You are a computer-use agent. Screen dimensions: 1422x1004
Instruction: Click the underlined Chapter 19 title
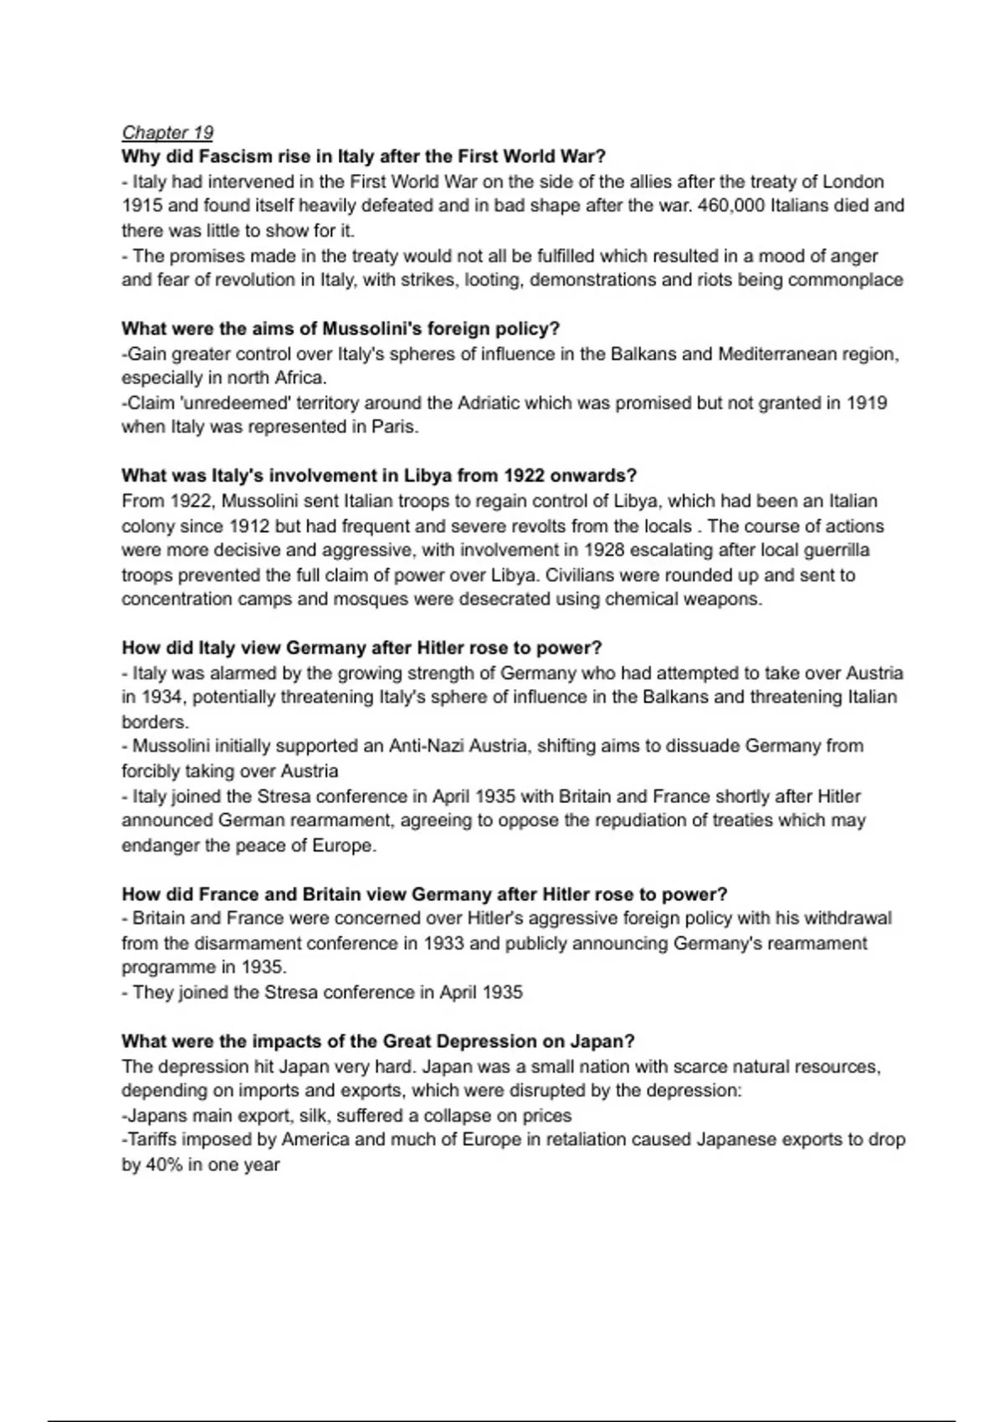click(x=167, y=132)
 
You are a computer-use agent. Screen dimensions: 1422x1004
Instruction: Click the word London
click(x=853, y=182)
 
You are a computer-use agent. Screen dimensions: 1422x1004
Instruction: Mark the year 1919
click(x=867, y=403)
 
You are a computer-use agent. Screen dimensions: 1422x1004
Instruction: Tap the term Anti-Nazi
click(x=427, y=746)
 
